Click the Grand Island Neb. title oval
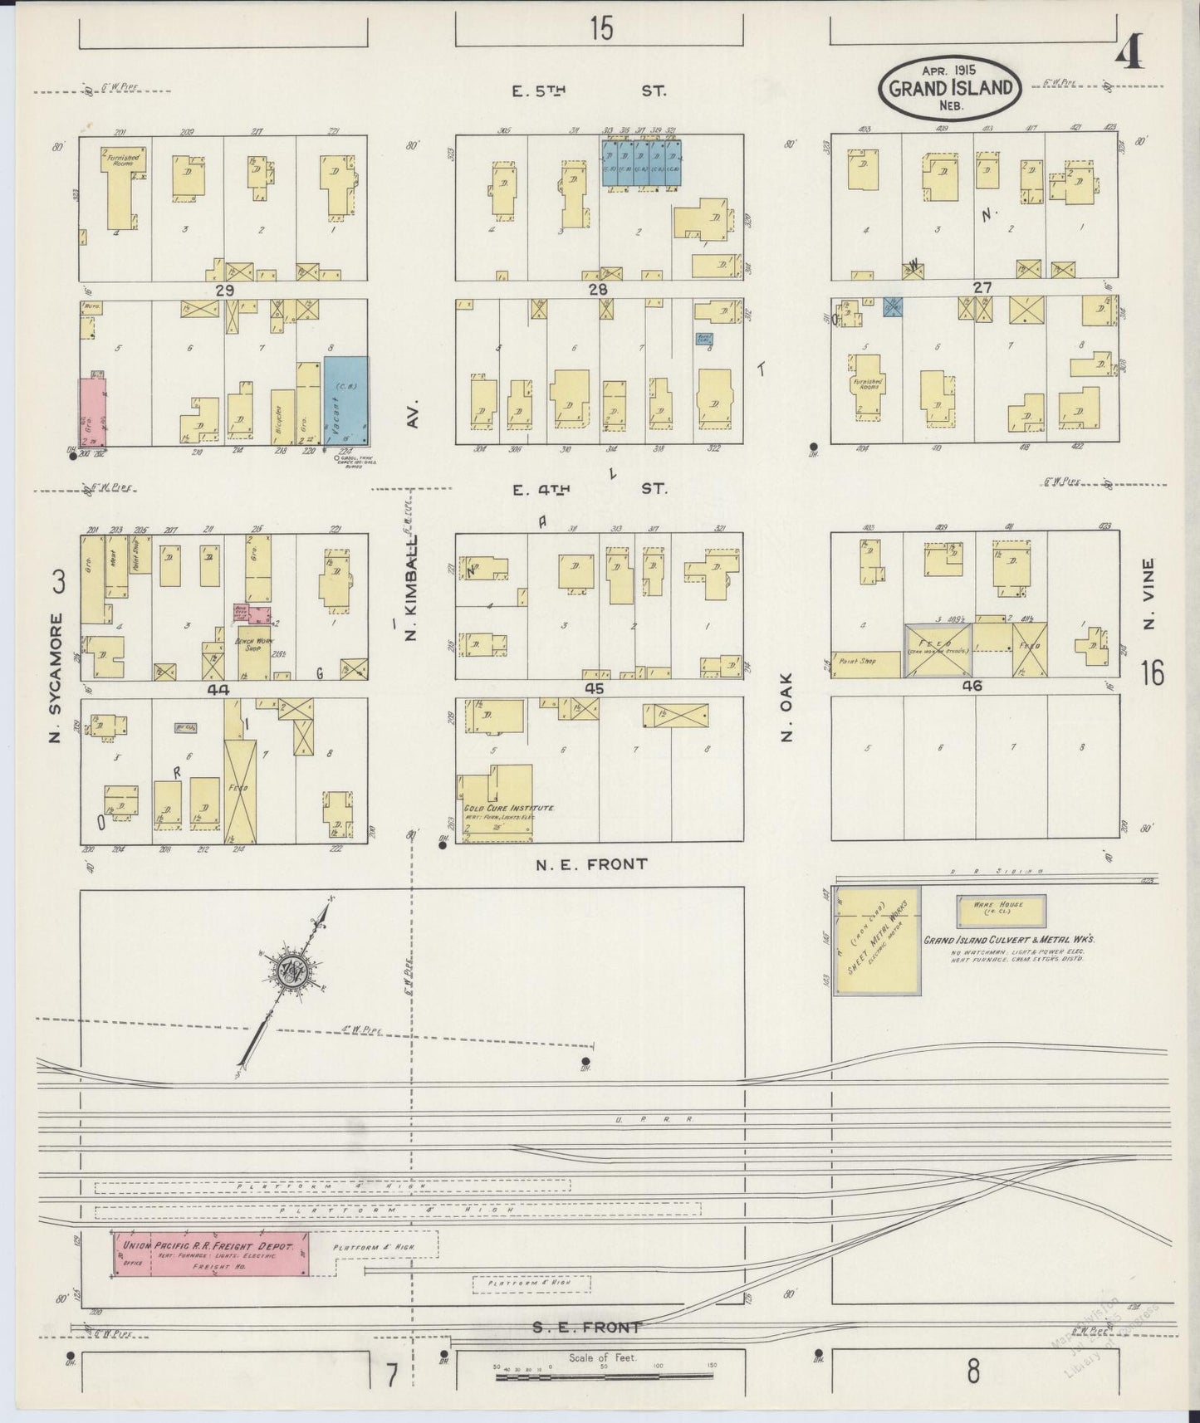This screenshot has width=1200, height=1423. click(x=950, y=88)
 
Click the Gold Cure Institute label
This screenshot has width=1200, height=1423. click(x=508, y=808)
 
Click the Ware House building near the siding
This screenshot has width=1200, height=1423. click(x=1001, y=911)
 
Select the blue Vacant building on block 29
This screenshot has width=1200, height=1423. click(x=346, y=401)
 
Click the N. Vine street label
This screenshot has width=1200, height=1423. click(x=1149, y=593)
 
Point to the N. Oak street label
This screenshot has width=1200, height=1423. click(x=787, y=706)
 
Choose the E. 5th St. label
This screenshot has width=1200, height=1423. click(x=589, y=90)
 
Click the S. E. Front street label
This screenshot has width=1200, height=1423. click(x=587, y=1328)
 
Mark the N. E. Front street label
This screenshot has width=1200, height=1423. click(x=591, y=864)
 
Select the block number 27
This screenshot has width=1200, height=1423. click(x=982, y=287)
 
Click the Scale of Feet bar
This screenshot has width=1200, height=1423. click(x=604, y=1377)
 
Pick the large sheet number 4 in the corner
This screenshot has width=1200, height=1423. click(x=1128, y=54)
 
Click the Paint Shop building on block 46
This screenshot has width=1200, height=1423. click(x=866, y=664)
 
